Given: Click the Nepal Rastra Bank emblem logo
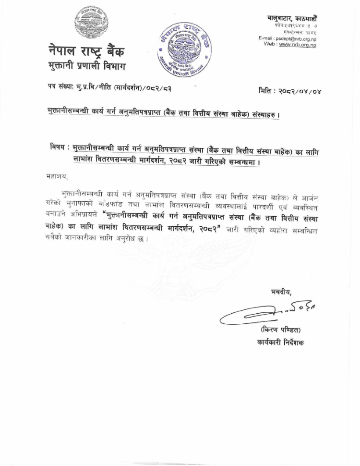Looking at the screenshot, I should (91, 25).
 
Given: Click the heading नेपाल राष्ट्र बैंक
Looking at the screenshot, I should (87, 50).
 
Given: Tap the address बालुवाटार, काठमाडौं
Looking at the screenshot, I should (292, 18).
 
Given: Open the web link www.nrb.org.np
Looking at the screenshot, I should (297, 45).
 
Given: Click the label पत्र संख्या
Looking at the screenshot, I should (60, 88).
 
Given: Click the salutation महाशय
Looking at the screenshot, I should (51, 176).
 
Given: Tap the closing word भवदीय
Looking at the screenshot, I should (281, 292).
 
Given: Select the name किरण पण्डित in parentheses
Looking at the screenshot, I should (281, 330).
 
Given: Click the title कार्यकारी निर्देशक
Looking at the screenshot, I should (280, 343).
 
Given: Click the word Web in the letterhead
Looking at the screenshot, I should (270, 44).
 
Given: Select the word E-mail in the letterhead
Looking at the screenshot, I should (266, 38).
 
